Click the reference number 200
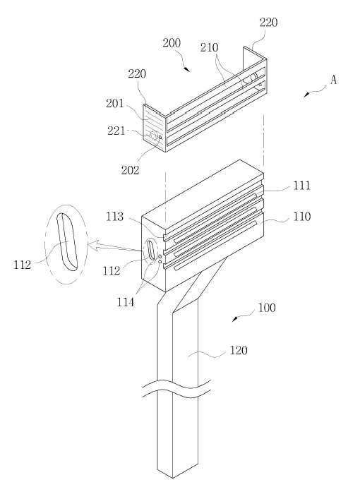coord(172,42)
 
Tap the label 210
coord(209,47)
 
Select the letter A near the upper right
coord(333,80)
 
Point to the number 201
coord(115,104)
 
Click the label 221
coord(116,131)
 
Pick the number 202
coord(130,170)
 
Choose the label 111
coord(301,186)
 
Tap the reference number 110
coord(302,217)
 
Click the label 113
coord(114,217)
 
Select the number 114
coord(126,301)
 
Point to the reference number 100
coord(267,308)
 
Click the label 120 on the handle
coord(239,351)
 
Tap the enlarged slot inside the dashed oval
coord(66,242)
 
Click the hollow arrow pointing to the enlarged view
coord(115,247)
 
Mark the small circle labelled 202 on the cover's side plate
coord(160,137)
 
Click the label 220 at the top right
coord(268,23)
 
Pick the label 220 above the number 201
coord(137,74)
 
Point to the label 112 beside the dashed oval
coord(23,265)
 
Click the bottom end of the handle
coord(173,478)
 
